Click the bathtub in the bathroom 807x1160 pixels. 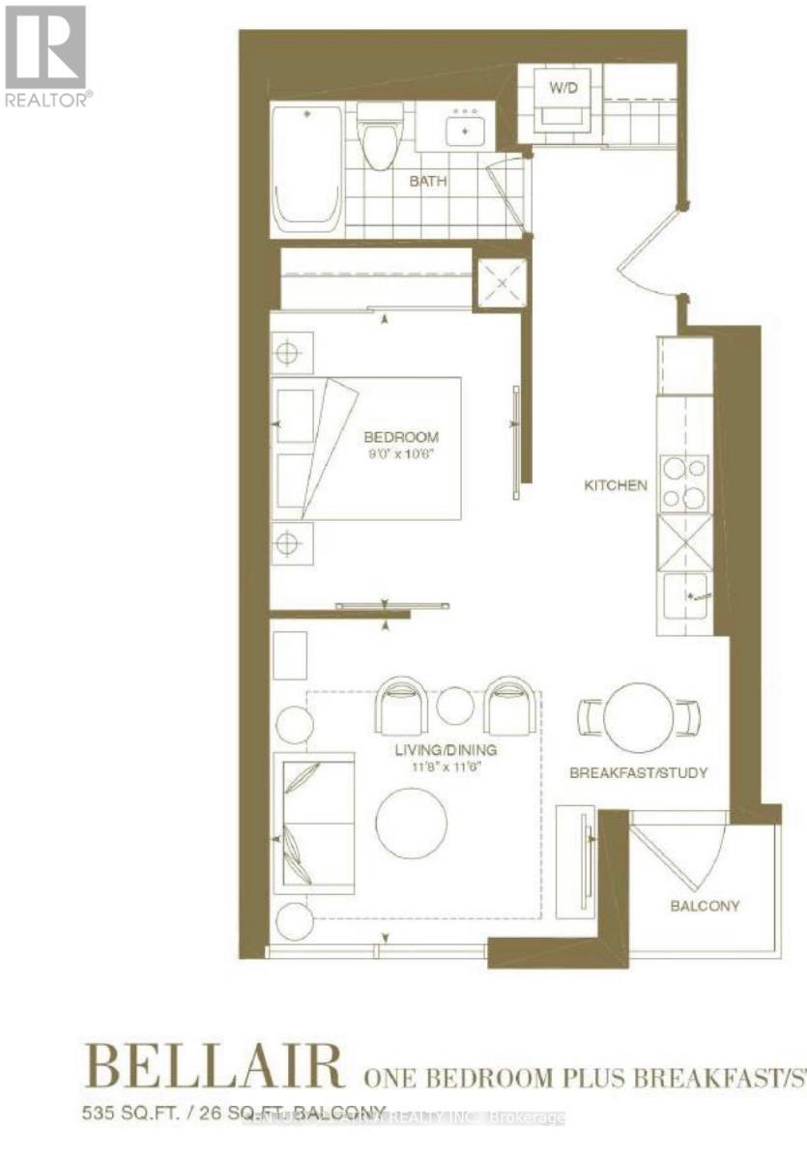pyautogui.click(x=307, y=169)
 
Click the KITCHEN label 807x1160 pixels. pyautogui.click(x=615, y=485)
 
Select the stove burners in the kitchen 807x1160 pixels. pyautogui.click(x=683, y=483)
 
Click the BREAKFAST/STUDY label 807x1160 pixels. pyautogui.click(x=638, y=772)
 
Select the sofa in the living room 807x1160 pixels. pyautogui.click(x=313, y=821)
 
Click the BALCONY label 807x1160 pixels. pyautogui.click(x=706, y=906)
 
